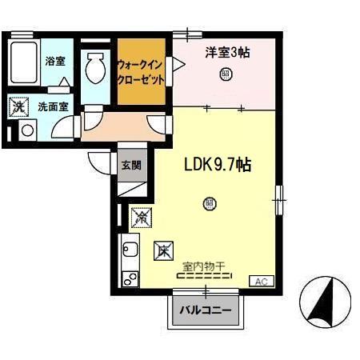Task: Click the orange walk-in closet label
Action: click(x=141, y=71)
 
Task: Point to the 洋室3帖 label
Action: click(x=226, y=53)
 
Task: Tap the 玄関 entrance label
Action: click(x=132, y=166)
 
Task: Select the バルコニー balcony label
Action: click(x=205, y=310)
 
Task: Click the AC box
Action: click(x=262, y=281)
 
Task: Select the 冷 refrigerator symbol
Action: click(x=139, y=216)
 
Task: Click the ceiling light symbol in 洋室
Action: click(x=226, y=76)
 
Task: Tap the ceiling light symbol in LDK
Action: click(x=210, y=203)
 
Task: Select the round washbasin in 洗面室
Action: click(x=26, y=130)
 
